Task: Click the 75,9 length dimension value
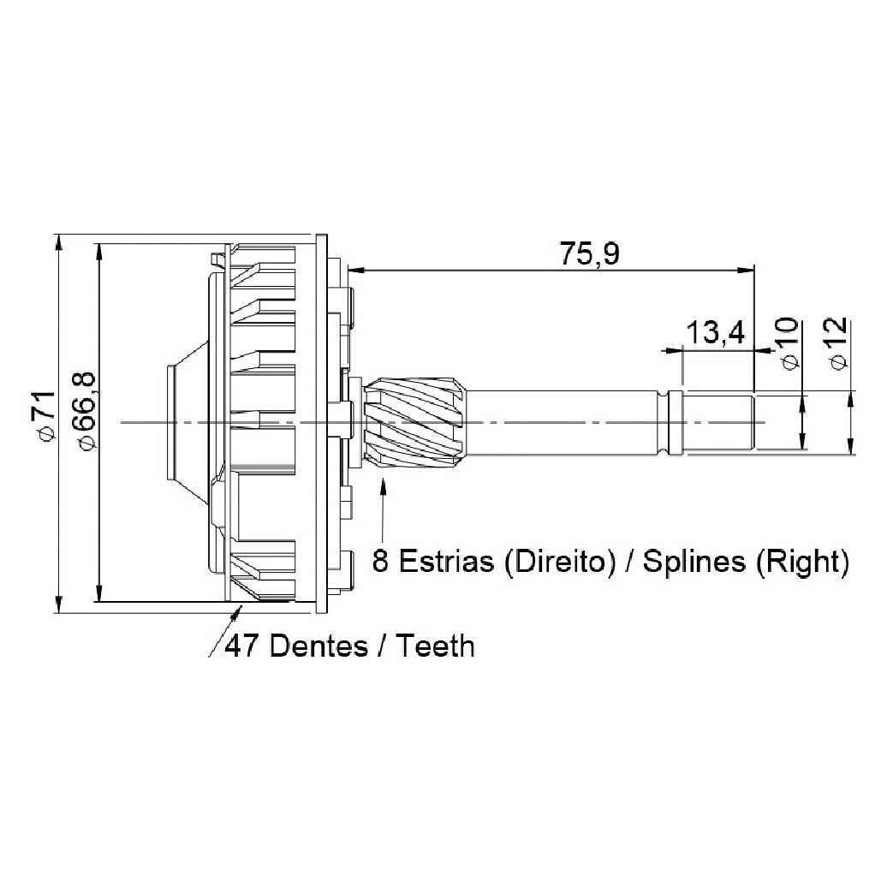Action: (x=589, y=254)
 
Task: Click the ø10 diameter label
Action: (x=788, y=343)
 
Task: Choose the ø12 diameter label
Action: (x=838, y=343)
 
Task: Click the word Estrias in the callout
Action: (x=446, y=562)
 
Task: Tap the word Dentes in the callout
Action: (x=319, y=646)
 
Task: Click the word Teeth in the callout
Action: (x=436, y=646)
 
